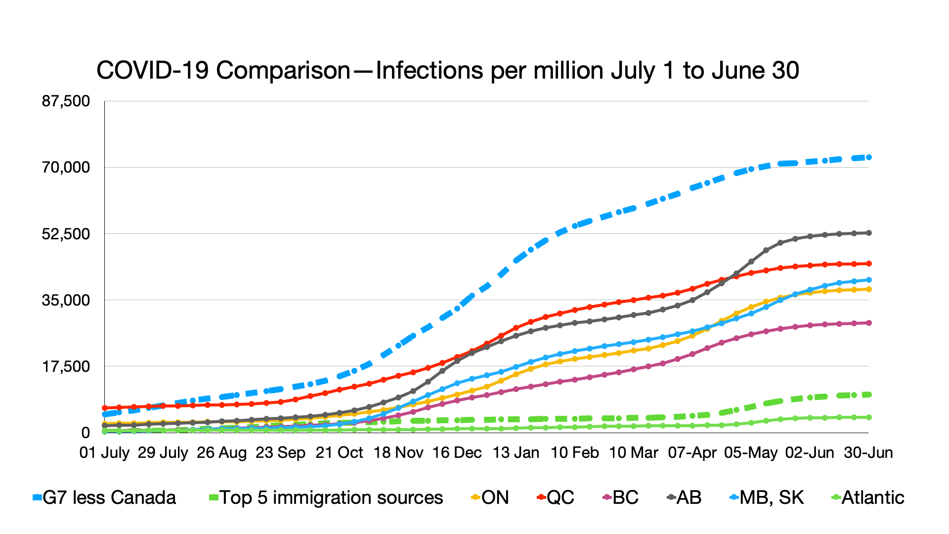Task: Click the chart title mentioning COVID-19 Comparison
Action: (447, 71)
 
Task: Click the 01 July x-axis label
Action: (104, 452)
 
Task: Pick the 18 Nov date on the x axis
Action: (398, 452)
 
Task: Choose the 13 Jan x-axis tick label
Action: (516, 452)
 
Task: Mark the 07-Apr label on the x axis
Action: (692, 452)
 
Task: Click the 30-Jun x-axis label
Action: (868, 452)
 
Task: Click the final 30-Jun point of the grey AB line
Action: (869, 233)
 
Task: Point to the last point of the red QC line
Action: (869, 264)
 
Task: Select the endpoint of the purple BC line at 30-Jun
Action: (869, 323)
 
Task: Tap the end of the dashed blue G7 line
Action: (869, 157)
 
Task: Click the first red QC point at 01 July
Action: (105, 408)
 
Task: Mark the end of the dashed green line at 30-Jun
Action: (869, 395)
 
